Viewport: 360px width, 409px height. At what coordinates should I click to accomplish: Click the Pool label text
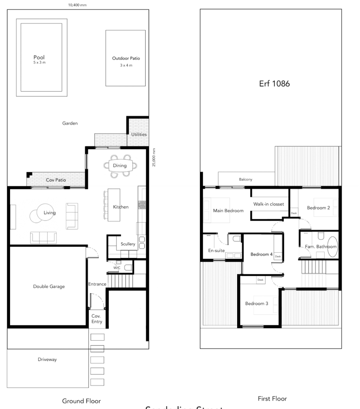pyautogui.click(x=39, y=58)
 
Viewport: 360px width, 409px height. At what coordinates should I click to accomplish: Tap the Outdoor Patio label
pyautogui.click(x=126, y=58)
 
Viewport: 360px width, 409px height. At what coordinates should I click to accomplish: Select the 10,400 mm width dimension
pyautogui.click(x=78, y=5)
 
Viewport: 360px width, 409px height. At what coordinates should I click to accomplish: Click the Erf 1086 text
pyautogui.click(x=274, y=84)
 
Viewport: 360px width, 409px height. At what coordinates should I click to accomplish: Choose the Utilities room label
pyautogui.click(x=139, y=135)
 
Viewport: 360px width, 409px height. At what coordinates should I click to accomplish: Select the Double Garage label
pyautogui.click(x=49, y=286)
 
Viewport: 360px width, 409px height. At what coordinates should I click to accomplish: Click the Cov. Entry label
pyautogui.click(x=97, y=319)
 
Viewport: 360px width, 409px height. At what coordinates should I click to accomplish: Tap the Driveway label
pyautogui.click(x=47, y=359)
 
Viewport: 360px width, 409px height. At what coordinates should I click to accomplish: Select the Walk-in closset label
pyautogui.click(x=268, y=204)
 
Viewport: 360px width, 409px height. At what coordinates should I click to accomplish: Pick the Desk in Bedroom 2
pyautogui.click(x=294, y=213)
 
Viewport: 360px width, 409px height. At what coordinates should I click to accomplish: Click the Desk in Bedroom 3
pyautogui.click(x=260, y=280)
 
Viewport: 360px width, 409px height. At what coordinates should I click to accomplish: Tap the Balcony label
pyautogui.click(x=246, y=180)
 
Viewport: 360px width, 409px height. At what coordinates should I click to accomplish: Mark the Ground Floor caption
pyautogui.click(x=81, y=401)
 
